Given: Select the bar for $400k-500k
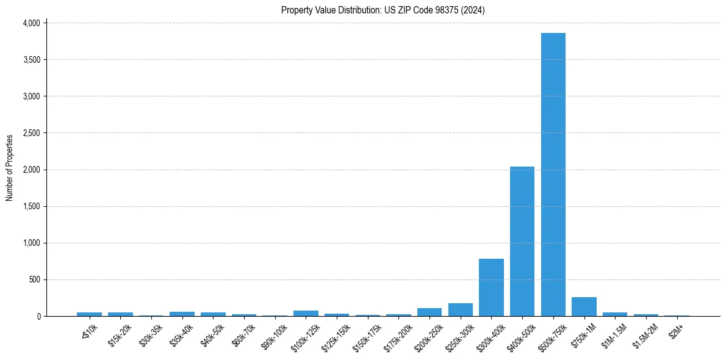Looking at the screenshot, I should click(x=522, y=241).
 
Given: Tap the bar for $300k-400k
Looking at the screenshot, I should click(x=491, y=287).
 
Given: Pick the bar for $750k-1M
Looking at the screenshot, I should click(x=584, y=307).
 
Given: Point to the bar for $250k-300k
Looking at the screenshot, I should click(x=461, y=310).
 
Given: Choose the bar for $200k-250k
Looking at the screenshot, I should click(x=429, y=312).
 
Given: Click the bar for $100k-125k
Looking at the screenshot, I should click(x=306, y=314).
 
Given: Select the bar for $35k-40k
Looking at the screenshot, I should click(x=182, y=314).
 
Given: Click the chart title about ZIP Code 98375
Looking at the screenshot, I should click(x=383, y=10).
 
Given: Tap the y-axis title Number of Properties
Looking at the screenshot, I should click(x=10, y=168).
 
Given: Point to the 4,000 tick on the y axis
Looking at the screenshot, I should click(x=31, y=23).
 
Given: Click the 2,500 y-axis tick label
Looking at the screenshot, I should click(x=31, y=133).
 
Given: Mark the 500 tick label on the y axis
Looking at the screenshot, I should click(x=35, y=279).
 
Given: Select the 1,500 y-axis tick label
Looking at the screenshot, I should click(x=31, y=206).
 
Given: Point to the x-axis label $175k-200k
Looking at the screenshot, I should click(x=397, y=334).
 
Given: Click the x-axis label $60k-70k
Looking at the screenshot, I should click(x=243, y=333).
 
